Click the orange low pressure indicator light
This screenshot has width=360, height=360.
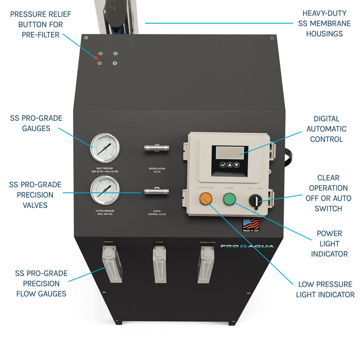coord(206,199)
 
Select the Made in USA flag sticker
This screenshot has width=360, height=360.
coord(251,225)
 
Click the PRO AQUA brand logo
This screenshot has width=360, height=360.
coord(247,246)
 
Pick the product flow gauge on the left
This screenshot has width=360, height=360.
coord(109,263)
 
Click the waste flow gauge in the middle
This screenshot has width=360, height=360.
coord(160,264)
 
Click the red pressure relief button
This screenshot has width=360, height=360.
coord(96,58)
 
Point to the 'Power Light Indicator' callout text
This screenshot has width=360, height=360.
coord(329,244)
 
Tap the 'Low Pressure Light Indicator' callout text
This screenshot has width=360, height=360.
coord(325,289)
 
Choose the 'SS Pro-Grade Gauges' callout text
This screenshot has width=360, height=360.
coord(36,123)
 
